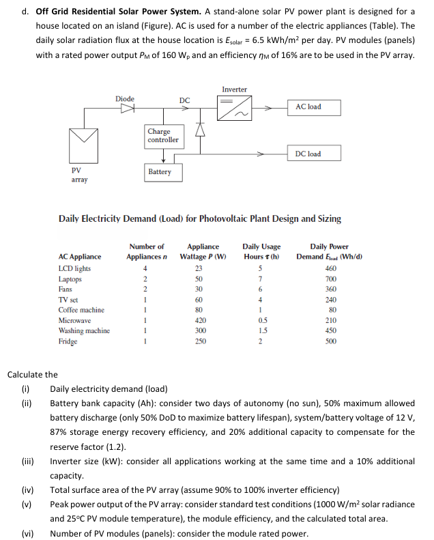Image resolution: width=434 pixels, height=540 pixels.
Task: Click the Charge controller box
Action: pyautogui.click(x=162, y=135)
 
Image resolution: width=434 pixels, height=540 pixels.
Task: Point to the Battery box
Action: pyautogui.click(x=159, y=171)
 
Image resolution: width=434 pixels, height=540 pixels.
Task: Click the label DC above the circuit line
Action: pyautogui.click(x=184, y=100)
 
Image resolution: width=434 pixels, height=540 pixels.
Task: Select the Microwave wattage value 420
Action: pyautogui.click(x=200, y=320)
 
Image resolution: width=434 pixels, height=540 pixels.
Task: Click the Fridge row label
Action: pyautogui.click(x=68, y=341)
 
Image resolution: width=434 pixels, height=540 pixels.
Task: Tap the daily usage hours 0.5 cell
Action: pyautogui.click(x=261, y=320)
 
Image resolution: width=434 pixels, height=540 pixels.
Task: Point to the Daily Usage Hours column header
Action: pyautogui.click(x=261, y=251)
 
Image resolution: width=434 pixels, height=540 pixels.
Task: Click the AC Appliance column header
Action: pyautogui.click(x=80, y=257)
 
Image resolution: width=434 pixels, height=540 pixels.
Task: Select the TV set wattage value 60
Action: pyautogui.click(x=200, y=300)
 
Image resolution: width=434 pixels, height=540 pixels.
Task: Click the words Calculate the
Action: pyautogui.click(x=32, y=374)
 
